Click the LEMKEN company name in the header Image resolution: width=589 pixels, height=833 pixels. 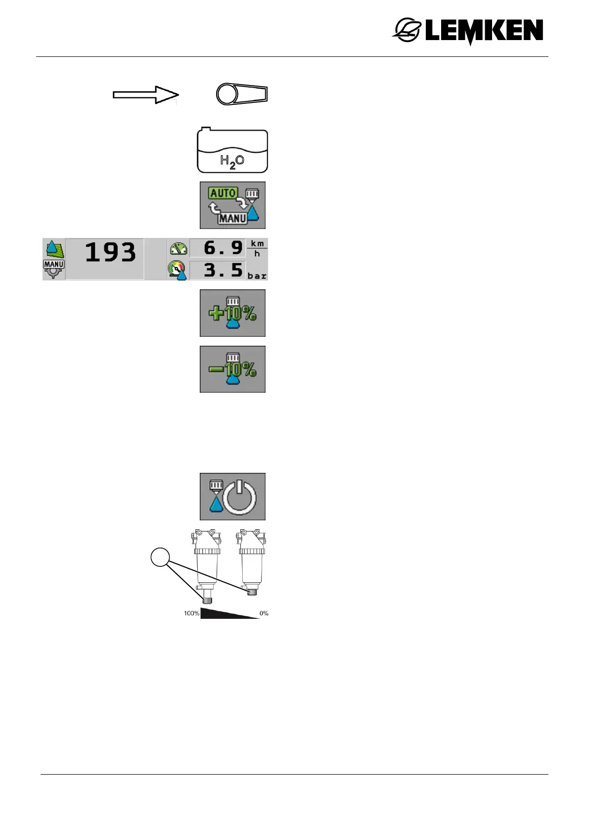[x=484, y=31]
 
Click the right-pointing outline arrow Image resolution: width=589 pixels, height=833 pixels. [x=145, y=94]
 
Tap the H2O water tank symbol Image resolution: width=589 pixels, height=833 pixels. [x=232, y=151]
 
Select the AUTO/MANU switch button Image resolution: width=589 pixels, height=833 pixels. [x=232, y=205]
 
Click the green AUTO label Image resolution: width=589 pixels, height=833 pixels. [x=223, y=193]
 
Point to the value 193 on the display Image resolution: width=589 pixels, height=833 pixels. [x=110, y=252]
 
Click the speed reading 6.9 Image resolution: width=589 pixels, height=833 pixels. [x=223, y=247]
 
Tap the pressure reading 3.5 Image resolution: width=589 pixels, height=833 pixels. [x=223, y=270]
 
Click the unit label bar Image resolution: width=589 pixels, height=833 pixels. [x=257, y=276]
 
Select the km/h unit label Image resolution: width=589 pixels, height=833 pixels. [x=257, y=248]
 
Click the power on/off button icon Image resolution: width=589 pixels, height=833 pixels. [x=232, y=496]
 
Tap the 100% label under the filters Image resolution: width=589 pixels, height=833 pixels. [x=191, y=613]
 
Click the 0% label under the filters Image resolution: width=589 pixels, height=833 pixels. [x=264, y=613]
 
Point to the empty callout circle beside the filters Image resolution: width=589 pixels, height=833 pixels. [x=160, y=557]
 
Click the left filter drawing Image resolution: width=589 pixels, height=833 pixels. [x=207, y=564]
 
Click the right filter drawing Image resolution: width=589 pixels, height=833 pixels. [x=252, y=561]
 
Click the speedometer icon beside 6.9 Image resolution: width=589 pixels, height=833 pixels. [x=178, y=248]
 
